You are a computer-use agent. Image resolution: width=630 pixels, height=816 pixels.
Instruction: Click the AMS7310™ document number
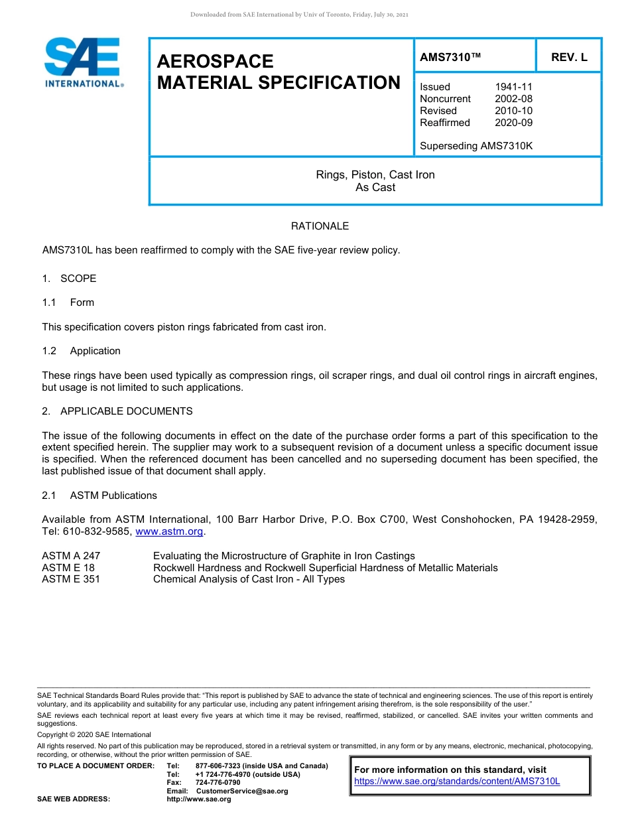450,58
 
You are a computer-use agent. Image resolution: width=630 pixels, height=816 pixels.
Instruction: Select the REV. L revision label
569,58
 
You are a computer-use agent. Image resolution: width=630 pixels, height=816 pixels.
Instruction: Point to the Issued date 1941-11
513,87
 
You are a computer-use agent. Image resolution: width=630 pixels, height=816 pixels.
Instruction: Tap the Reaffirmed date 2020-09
513,123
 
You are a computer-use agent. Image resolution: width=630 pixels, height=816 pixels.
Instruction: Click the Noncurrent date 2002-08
513,99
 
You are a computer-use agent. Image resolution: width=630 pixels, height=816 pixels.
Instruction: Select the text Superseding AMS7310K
476,146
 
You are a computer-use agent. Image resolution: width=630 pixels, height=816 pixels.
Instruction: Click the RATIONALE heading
320,226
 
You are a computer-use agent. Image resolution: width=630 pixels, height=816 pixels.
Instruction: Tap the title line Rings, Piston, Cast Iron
375,175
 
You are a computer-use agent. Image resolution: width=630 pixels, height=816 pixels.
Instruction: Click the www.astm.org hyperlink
170,532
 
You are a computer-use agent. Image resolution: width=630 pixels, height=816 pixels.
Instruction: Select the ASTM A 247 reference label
71,556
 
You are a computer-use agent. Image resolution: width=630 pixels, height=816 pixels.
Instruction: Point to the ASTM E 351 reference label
71,579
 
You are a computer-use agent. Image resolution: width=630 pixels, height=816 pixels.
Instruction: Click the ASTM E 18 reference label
68,568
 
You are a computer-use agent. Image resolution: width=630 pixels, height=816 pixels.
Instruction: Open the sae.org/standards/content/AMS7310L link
457,782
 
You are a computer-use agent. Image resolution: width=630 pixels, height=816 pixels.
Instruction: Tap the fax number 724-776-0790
218,783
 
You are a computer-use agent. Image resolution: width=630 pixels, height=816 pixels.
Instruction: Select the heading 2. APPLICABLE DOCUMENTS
117,411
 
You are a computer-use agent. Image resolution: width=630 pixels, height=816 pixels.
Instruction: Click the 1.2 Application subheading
82,351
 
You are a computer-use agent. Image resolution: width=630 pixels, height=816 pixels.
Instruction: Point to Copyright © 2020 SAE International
94,734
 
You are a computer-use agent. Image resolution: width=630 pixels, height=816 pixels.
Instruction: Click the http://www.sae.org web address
199,799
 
